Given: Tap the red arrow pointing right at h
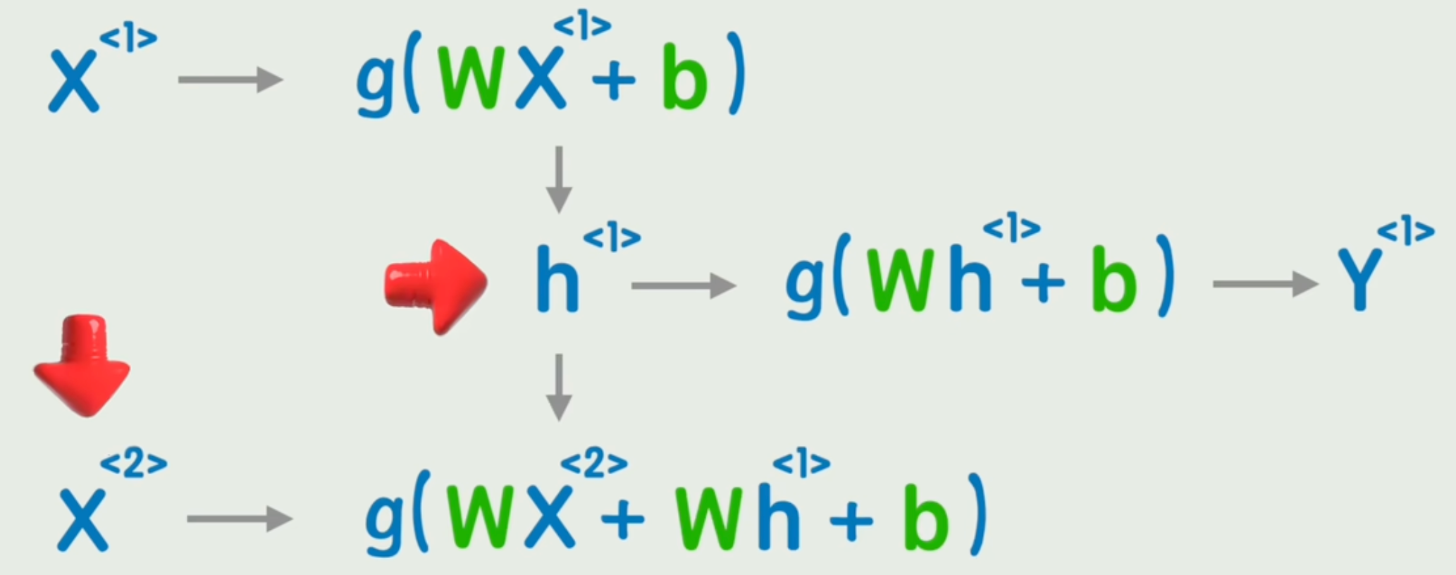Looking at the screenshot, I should point(437,286).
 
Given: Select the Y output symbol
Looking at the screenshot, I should point(1359,282).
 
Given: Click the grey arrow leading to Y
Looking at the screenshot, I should point(1265,284).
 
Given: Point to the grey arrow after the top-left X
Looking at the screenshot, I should point(230,80).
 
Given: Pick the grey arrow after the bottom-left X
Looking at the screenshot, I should point(240,519).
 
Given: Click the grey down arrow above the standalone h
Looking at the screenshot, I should point(559,179).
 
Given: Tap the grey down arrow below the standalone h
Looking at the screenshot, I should point(559,387).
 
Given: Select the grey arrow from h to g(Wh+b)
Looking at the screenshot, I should point(684,285).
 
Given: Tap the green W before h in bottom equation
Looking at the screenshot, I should point(710,519).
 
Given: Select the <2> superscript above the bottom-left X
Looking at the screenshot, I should point(134,464).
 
